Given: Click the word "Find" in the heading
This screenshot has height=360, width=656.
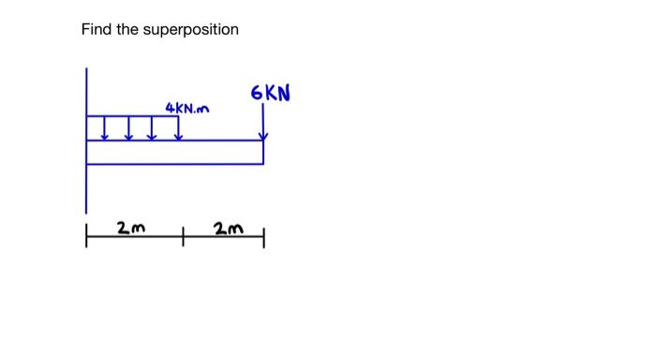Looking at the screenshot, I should (96, 29).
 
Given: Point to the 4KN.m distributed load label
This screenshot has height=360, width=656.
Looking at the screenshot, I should (186, 109).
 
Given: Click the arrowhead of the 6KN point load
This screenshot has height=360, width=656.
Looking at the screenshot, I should (263, 137).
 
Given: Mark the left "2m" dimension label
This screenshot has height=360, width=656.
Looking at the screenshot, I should (128, 229).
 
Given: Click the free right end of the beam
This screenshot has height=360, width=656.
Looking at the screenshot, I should (263, 152).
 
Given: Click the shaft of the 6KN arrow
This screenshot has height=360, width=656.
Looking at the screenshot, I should (263, 120).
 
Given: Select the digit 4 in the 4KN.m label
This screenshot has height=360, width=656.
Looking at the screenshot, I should (170, 109).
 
